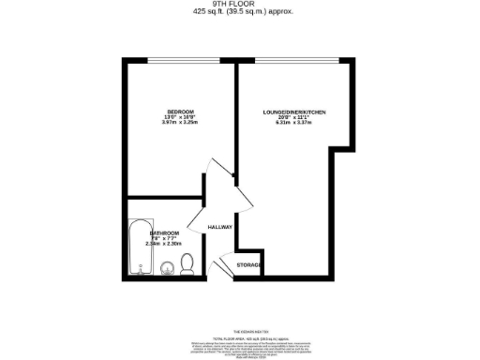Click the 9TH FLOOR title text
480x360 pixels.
pos(240,5)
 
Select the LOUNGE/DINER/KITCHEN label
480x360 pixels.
pos(294,112)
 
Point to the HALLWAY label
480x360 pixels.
pos(219,227)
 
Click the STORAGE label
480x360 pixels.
pos(248,265)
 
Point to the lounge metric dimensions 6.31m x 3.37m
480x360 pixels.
pos(294,124)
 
